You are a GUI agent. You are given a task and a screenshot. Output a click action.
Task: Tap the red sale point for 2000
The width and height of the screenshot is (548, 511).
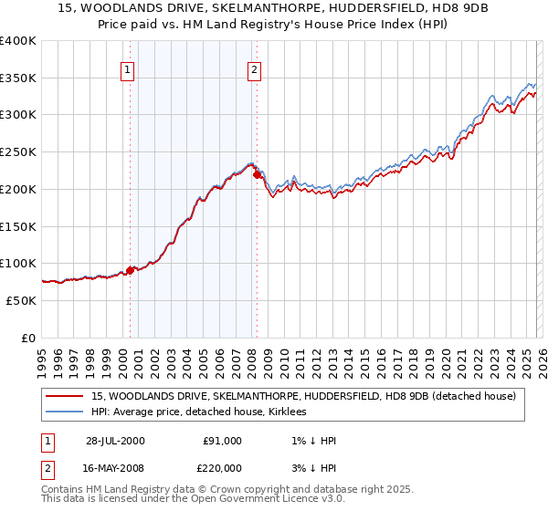(x=131, y=269)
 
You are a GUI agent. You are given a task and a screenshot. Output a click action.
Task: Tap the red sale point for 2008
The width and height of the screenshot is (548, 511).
(x=257, y=173)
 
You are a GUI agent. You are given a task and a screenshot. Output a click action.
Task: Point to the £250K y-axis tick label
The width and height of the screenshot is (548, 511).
(x=18, y=152)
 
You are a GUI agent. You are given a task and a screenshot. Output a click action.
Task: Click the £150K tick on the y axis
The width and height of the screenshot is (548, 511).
(x=18, y=226)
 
